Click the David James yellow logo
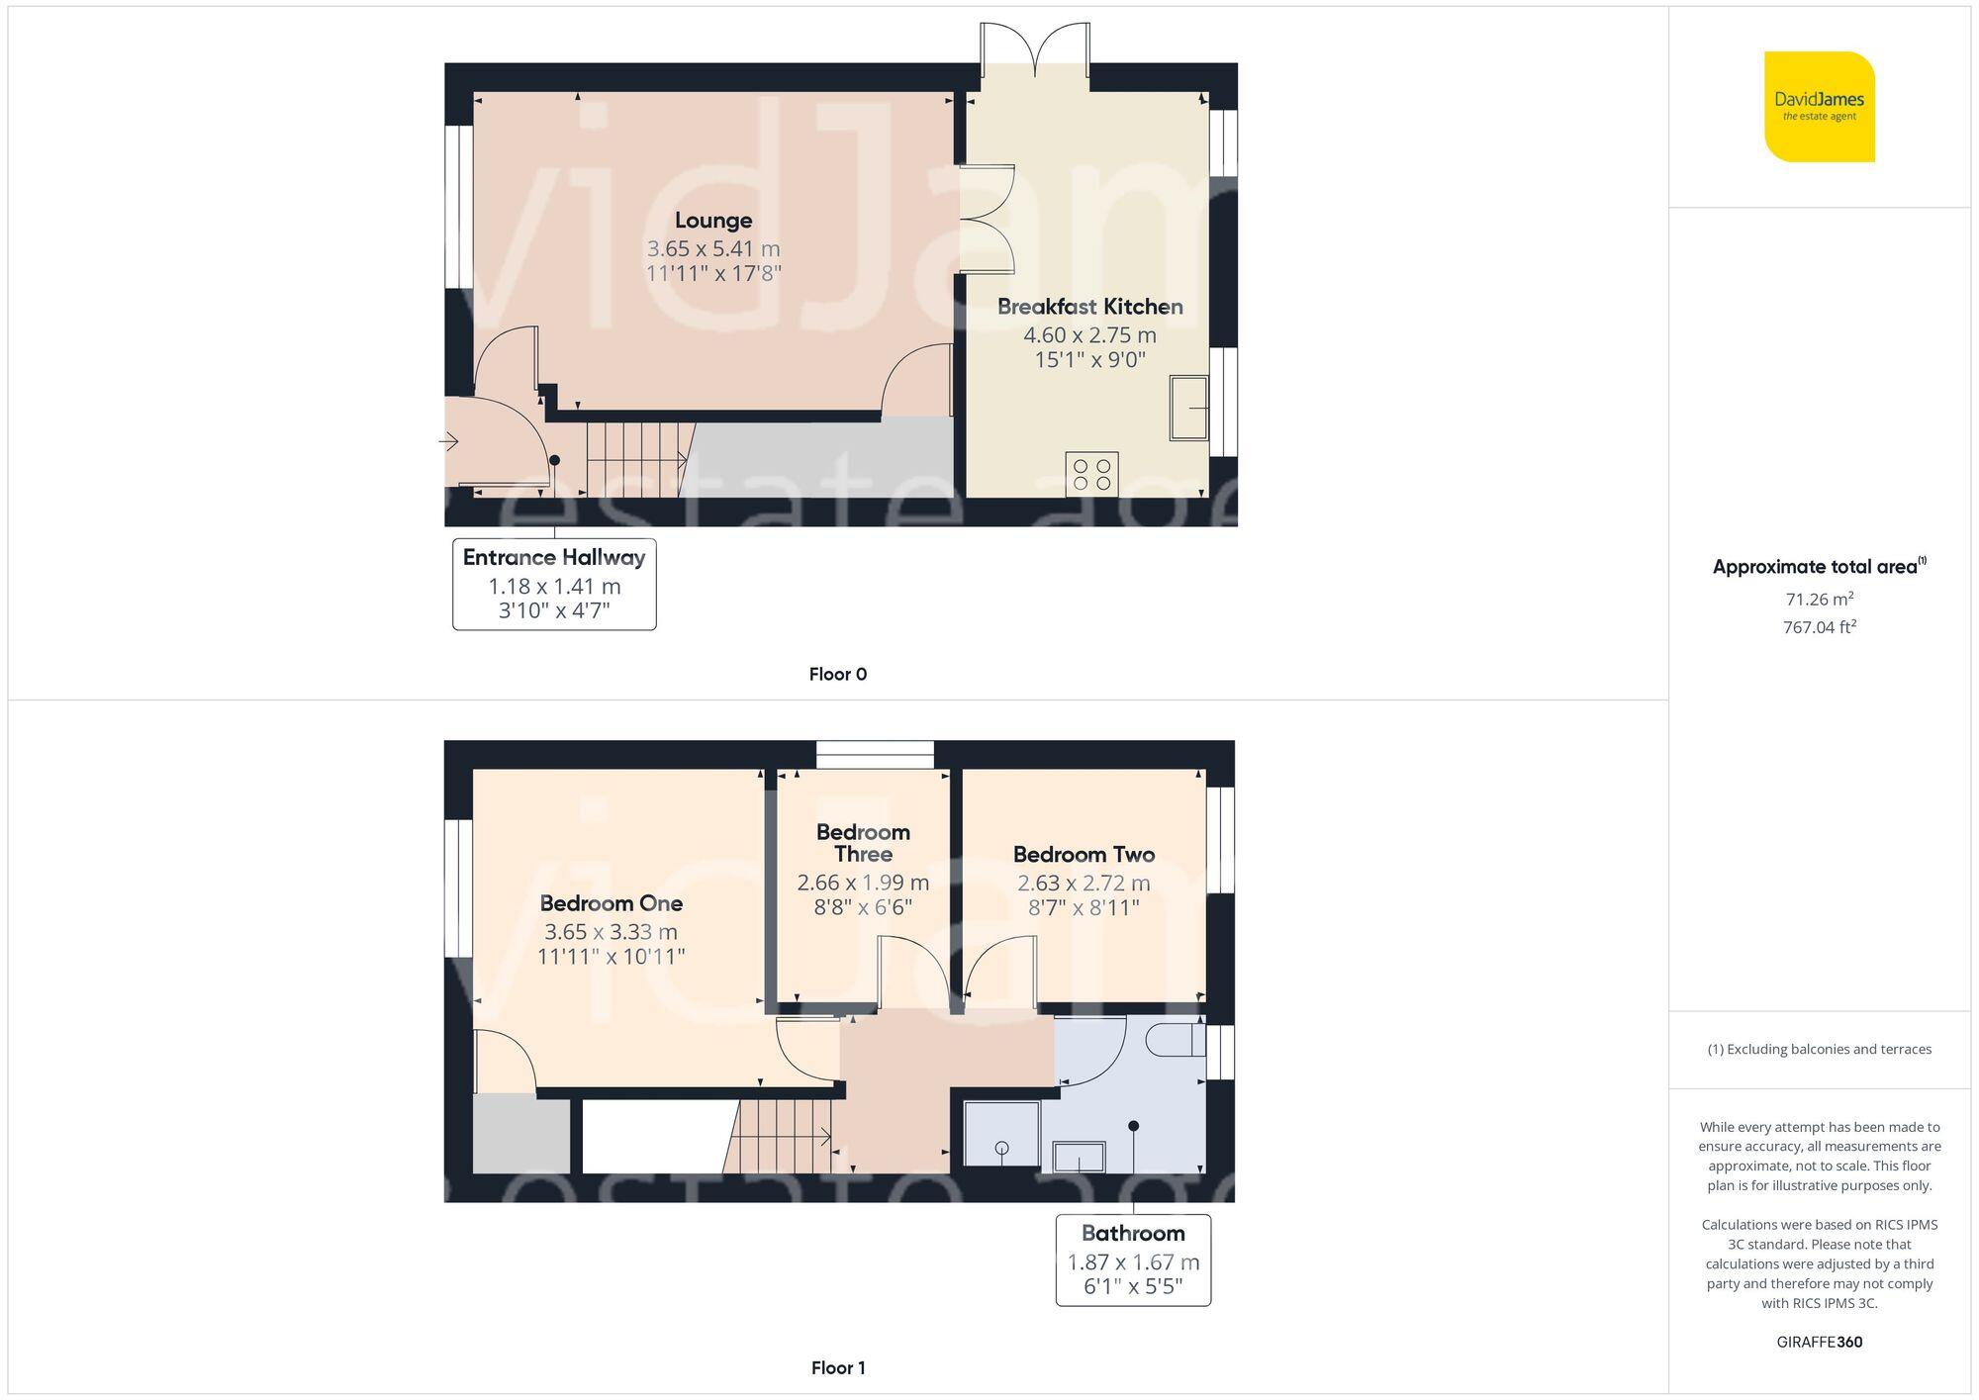(x=1819, y=107)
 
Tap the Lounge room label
(x=713, y=221)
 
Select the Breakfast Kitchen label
(x=1089, y=307)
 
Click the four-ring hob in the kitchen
(x=1091, y=474)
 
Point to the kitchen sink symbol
(x=1188, y=407)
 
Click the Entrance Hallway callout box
(x=554, y=584)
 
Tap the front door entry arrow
(x=449, y=441)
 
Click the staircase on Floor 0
(x=636, y=460)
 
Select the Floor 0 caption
(x=837, y=674)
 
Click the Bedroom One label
(x=611, y=903)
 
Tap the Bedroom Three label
(x=863, y=843)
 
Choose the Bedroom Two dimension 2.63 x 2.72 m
(x=1084, y=883)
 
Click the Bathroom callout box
(x=1133, y=1260)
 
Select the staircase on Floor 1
(x=780, y=1138)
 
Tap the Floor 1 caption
(x=837, y=1367)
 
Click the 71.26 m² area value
(x=1819, y=599)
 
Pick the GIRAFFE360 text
(x=1819, y=1342)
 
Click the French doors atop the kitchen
(x=1035, y=49)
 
